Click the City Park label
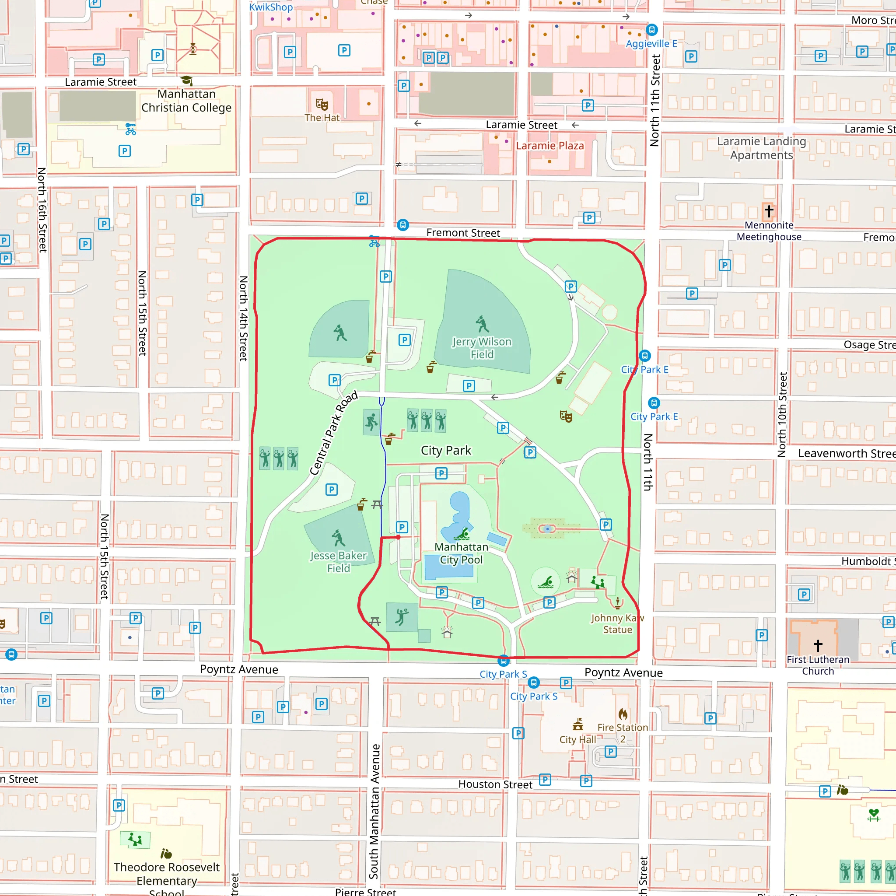[x=446, y=450]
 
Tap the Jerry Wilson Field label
[x=482, y=348]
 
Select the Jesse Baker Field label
[x=339, y=562]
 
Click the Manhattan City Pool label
[x=461, y=553]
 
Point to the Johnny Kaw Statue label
[x=617, y=624]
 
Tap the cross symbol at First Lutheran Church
[x=818, y=645]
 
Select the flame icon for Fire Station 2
[x=623, y=714]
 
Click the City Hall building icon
[x=578, y=724]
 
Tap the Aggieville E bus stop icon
[x=651, y=30]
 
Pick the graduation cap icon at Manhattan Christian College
[x=186, y=80]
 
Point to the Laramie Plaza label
[x=549, y=146]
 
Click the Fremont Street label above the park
[x=463, y=233]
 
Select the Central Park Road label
[x=334, y=433]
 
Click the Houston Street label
[x=495, y=784]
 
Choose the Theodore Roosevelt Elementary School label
[x=167, y=880]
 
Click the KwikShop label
[x=271, y=7]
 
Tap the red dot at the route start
[x=399, y=537]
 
